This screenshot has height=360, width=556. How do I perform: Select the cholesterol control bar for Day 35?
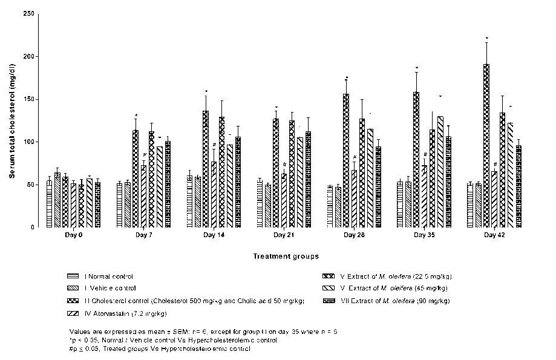point(416,160)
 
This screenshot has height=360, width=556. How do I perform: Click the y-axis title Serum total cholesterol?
point(11,121)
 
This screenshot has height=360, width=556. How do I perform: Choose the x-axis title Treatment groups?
point(278,256)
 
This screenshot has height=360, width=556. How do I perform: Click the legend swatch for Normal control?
point(73,277)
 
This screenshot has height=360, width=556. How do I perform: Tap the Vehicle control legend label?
point(110,289)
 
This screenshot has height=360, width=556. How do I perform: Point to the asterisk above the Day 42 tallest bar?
point(486,38)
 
